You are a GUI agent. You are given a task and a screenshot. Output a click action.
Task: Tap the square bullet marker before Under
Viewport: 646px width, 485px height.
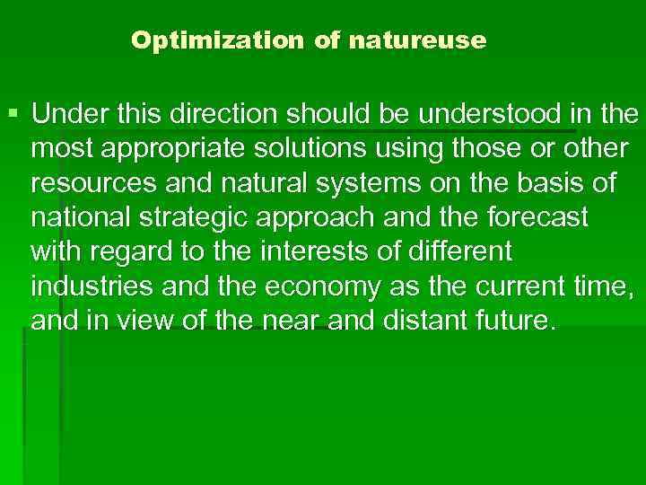click(12, 115)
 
